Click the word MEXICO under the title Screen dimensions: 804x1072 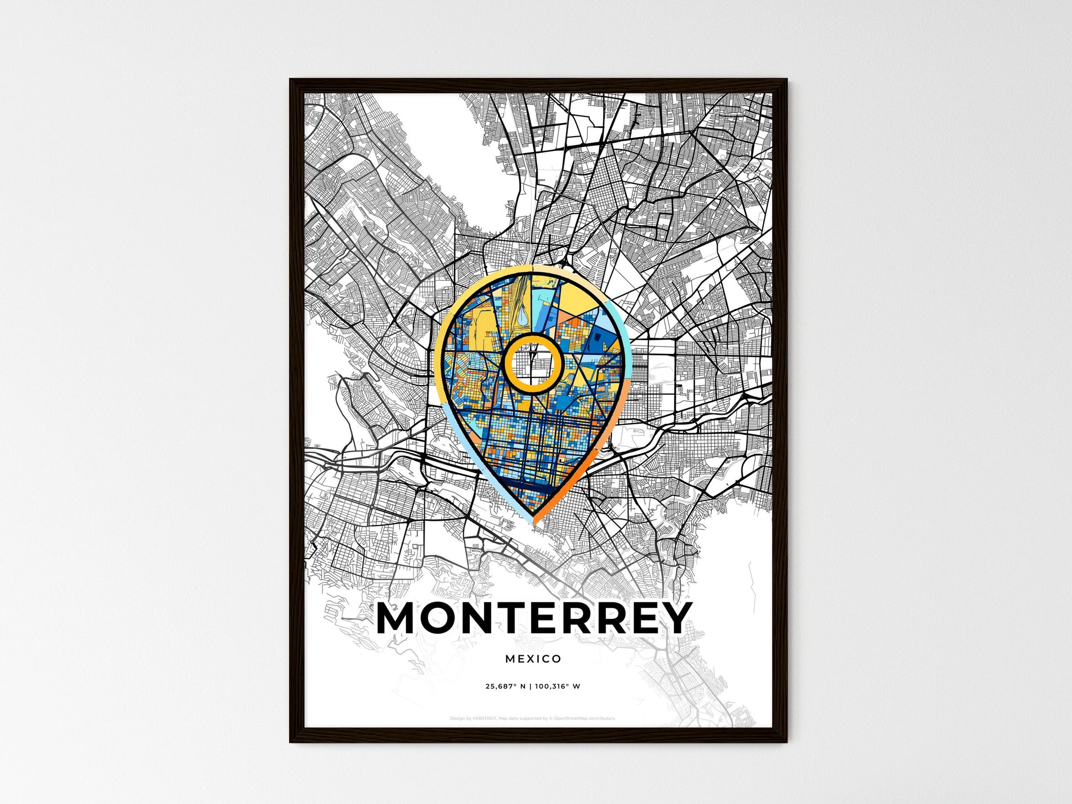click(533, 659)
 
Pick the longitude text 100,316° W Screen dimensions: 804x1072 click(558, 687)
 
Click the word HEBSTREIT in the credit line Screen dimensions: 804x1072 click(484, 719)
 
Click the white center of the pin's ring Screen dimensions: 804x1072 click(532, 364)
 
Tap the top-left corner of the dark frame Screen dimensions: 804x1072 click(291, 80)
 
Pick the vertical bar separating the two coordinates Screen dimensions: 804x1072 click(530, 687)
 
